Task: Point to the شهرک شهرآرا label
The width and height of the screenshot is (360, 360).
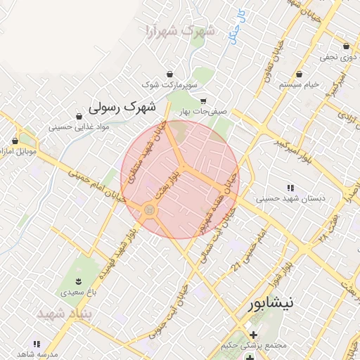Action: [179, 31]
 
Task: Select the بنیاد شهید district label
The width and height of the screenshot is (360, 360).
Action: [65, 311]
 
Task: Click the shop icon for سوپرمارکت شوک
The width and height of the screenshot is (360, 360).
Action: [169, 74]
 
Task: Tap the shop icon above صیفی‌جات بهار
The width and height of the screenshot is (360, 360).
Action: [204, 101]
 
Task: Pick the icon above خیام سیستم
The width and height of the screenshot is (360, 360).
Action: [299, 74]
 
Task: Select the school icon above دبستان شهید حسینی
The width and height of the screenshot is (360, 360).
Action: [290, 188]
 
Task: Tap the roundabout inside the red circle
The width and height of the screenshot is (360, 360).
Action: [149, 210]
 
